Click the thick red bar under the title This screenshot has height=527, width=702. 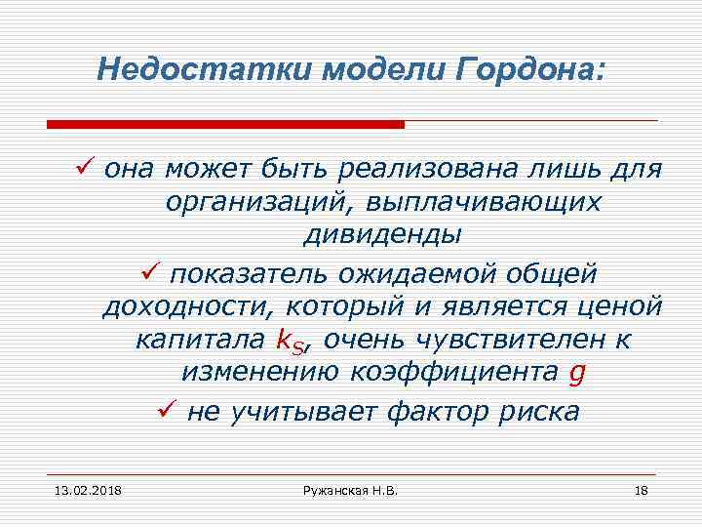point(225,125)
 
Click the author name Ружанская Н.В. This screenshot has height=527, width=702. point(351,488)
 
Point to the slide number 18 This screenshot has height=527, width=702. point(641,488)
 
